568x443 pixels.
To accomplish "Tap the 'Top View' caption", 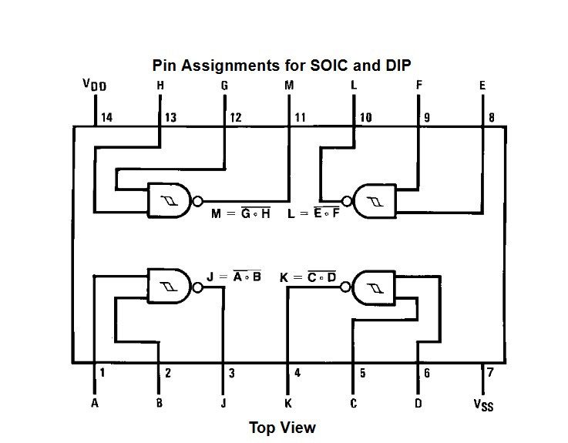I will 282,427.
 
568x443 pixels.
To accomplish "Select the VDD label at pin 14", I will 94,84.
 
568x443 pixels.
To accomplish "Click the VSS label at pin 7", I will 483,404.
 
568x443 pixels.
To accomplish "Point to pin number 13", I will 170,118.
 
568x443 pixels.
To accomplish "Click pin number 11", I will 300,118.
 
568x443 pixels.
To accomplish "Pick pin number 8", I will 491,118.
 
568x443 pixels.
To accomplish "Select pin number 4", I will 297,374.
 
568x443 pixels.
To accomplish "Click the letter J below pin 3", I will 224,403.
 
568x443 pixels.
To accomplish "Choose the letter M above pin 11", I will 289,86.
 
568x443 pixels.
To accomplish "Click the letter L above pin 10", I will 354,86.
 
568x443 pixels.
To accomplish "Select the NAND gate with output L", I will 373,201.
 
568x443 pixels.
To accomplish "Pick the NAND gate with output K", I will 373,288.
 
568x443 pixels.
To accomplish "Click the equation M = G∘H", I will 240,213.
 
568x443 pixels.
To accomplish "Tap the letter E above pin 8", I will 482,86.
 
